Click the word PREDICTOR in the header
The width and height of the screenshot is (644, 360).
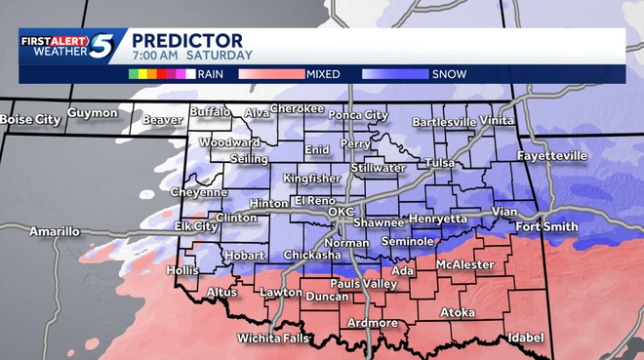tap(187, 40)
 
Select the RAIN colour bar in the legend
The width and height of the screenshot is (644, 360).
tap(160, 73)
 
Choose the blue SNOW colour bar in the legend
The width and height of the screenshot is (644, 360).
tap(394, 73)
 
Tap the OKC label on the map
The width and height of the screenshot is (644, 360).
tap(341, 212)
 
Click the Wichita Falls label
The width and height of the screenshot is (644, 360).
tap(272, 339)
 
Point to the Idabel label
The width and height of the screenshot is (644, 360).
tap(525, 338)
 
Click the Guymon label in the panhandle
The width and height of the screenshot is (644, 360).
tap(93, 113)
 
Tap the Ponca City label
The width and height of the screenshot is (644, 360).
tap(356, 115)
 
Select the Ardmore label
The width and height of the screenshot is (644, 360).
tap(371, 323)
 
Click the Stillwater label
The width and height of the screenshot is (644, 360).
tap(378, 168)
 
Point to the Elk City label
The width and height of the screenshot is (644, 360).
tap(196, 226)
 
